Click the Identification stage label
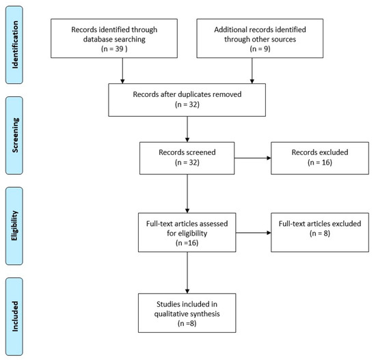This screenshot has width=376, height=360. pyautogui.click(x=15, y=45)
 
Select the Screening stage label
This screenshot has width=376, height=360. pyautogui.click(x=15, y=135)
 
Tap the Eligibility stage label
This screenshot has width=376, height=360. pyautogui.click(x=14, y=225)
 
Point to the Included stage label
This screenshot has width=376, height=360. pyautogui.click(x=15, y=316)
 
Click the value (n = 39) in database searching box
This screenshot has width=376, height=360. pyautogui.click(x=114, y=49)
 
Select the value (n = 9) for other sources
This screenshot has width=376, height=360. pyautogui.click(x=260, y=49)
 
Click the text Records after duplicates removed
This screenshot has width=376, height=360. pyautogui.click(x=187, y=94)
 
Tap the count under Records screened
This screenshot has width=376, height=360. pyautogui.click(x=187, y=163)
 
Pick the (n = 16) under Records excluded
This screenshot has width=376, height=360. pyautogui.click(x=320, y=163)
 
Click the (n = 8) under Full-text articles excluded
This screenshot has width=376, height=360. pyautogui.click(x=320, y=233)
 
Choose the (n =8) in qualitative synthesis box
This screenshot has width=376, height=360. pyautogui.click(x=187, y=323)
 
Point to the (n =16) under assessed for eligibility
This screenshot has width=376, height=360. pyautogui.click(x=187, y=243)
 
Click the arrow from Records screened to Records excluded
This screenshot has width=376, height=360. pyautogui.click(x=253, y=158)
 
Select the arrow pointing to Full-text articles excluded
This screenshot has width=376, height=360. pyautogui.click(x=254, y=232)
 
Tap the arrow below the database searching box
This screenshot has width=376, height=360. pyautogui.click(x=122, y=71)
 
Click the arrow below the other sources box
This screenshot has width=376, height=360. pyautogui.click(x=252, y=71)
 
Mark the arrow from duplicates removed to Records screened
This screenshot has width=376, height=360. pyautogui.click(x=187, y=129)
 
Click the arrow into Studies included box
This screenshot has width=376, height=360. pyautogui.click(x=187, y=273)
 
